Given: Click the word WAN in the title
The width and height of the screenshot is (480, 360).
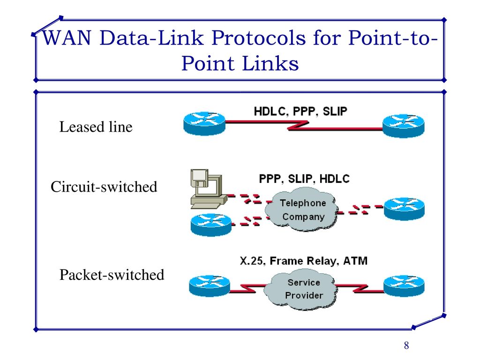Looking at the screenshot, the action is (67, 37).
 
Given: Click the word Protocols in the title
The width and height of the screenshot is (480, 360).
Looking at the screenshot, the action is (259, 37).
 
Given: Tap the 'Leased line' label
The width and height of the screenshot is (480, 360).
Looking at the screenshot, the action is (96, 127).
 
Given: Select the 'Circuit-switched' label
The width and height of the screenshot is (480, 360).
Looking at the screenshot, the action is (104, 187).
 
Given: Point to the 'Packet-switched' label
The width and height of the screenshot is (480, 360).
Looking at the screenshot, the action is (112, 275).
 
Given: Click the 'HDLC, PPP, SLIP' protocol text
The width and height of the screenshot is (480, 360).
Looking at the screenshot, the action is (300, 112).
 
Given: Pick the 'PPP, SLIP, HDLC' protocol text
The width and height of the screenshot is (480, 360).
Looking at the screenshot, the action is (304, 179).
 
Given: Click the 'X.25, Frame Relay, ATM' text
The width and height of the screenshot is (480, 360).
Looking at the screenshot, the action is (304, 261).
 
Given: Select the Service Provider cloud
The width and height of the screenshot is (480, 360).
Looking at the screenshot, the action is (301, 289).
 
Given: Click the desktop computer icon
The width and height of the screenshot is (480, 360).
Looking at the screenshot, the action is (208, 189).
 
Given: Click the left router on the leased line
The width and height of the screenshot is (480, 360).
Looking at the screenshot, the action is (204, 123).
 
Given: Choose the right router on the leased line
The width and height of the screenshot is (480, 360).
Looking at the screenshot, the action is (404, 126).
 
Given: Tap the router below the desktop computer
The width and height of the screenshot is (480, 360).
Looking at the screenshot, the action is (211, 225).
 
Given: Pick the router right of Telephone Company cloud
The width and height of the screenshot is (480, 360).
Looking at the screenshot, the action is (404, 209).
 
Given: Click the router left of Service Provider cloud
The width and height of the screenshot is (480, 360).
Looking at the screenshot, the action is (210, 286).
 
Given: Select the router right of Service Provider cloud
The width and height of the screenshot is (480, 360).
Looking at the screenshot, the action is (404, 286).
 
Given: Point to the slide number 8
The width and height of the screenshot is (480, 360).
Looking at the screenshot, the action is (406, 345).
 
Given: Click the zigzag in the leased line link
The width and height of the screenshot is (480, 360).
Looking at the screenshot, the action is (298, 126).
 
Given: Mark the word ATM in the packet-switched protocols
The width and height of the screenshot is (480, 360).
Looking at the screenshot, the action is (355, 261).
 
